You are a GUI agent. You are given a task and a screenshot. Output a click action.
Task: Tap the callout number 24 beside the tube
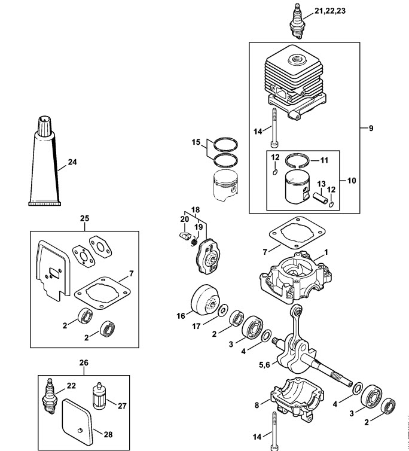pyautogui.click(x=72, y=162)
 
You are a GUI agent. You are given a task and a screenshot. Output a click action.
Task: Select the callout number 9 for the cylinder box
pyautogui.click(x=371, y=128)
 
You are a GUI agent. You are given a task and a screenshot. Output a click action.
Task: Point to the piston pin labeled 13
pyautogui.click(x=320, y=198)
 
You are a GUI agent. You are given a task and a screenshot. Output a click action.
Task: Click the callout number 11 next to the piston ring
pyautogui.click(x=324, y=160)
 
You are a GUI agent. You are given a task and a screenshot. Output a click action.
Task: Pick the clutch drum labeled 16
pyautogui.click(x=204, y=300)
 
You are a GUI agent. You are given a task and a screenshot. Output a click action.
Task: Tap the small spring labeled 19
pyautogui.click(x=195, y=242)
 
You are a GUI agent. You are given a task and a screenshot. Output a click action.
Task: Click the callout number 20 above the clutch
pyautogui.click(x=185, y=219)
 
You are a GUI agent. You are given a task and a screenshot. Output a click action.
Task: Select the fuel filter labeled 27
pyautogui.click(x=99, y=396)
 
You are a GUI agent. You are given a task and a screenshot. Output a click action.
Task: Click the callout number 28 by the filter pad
pyautogui.click(x=108, y=434)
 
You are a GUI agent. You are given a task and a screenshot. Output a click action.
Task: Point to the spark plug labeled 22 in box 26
pyautogui.click(x=49, y=396)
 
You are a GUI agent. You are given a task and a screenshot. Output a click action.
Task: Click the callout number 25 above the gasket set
pyautogui.click(x=84, y=218)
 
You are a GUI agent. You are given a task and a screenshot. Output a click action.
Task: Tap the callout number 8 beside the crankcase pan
pyautogui.click(x=257, y=406)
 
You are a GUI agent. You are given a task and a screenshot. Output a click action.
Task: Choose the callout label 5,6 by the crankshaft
pyautogui.click(x=264, y=365)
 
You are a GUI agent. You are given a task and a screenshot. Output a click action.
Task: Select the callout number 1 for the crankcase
pyautogui.click(x=326, y=252)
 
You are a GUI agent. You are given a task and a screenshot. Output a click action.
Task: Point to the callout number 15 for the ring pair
pyautogui.click(x=196, y=142)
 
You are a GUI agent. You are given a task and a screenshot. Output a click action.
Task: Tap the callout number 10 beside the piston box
pyautogui.click(x=352, y=181)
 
